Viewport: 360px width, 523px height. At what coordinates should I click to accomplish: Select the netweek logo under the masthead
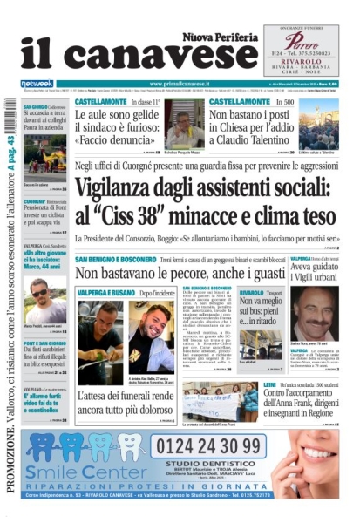tap(37, 84)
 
